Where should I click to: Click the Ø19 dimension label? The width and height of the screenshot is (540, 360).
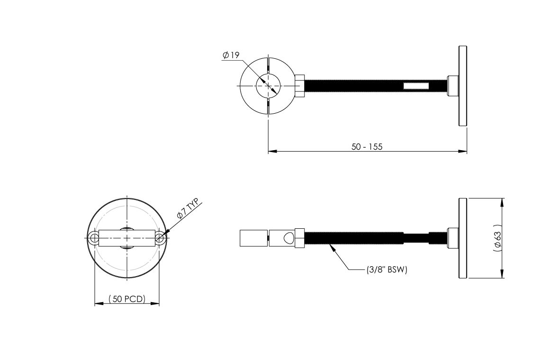[231, 55]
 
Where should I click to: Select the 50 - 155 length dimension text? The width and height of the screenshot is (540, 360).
[367, 147]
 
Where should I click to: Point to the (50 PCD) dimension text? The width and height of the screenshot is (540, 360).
[127, 299]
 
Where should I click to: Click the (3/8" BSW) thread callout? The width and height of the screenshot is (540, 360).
[387, 270]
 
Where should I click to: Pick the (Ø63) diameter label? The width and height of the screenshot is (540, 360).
[497, 238]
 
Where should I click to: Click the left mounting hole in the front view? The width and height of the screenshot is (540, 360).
[94, 238]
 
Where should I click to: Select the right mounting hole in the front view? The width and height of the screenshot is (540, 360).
[160, 238]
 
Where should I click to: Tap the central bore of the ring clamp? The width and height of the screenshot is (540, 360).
[268, 86]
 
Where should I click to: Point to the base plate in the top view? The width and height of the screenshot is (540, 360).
[463, 86]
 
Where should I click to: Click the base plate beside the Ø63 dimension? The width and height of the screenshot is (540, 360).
[463, 238]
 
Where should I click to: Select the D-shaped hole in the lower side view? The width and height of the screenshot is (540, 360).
[287, 238]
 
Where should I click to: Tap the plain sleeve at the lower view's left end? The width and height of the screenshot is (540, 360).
[253, 238]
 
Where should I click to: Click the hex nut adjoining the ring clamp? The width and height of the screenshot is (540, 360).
[300, 86]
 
